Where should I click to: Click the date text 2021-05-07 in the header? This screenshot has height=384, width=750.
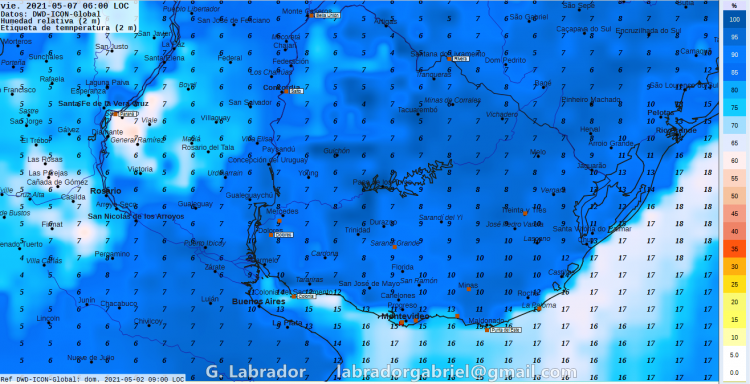click(x=55, y=5)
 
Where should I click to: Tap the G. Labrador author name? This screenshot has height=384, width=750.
click(x=255, y=372)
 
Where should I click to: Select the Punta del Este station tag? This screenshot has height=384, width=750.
click(x=505, y=329)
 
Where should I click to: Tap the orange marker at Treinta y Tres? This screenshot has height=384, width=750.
click(x=497, y=211)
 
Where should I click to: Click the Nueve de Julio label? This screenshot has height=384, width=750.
click(x=91, y=357)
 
